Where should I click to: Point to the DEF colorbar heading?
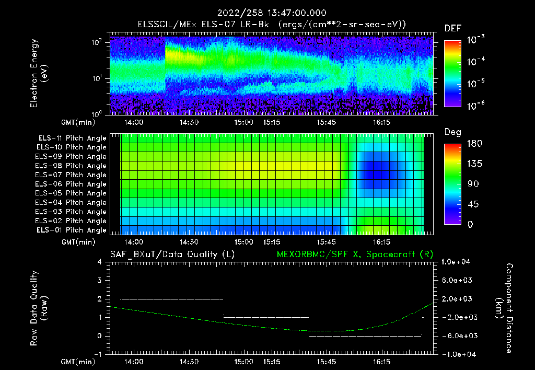point(452,29)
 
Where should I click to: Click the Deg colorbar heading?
point(452,132)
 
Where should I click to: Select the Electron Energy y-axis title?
point(39,73)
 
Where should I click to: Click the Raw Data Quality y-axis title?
point(39,308)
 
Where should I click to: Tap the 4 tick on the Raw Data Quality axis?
point(99,262)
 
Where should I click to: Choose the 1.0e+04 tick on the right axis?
point(457,262)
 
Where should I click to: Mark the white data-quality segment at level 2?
point(171,299)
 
